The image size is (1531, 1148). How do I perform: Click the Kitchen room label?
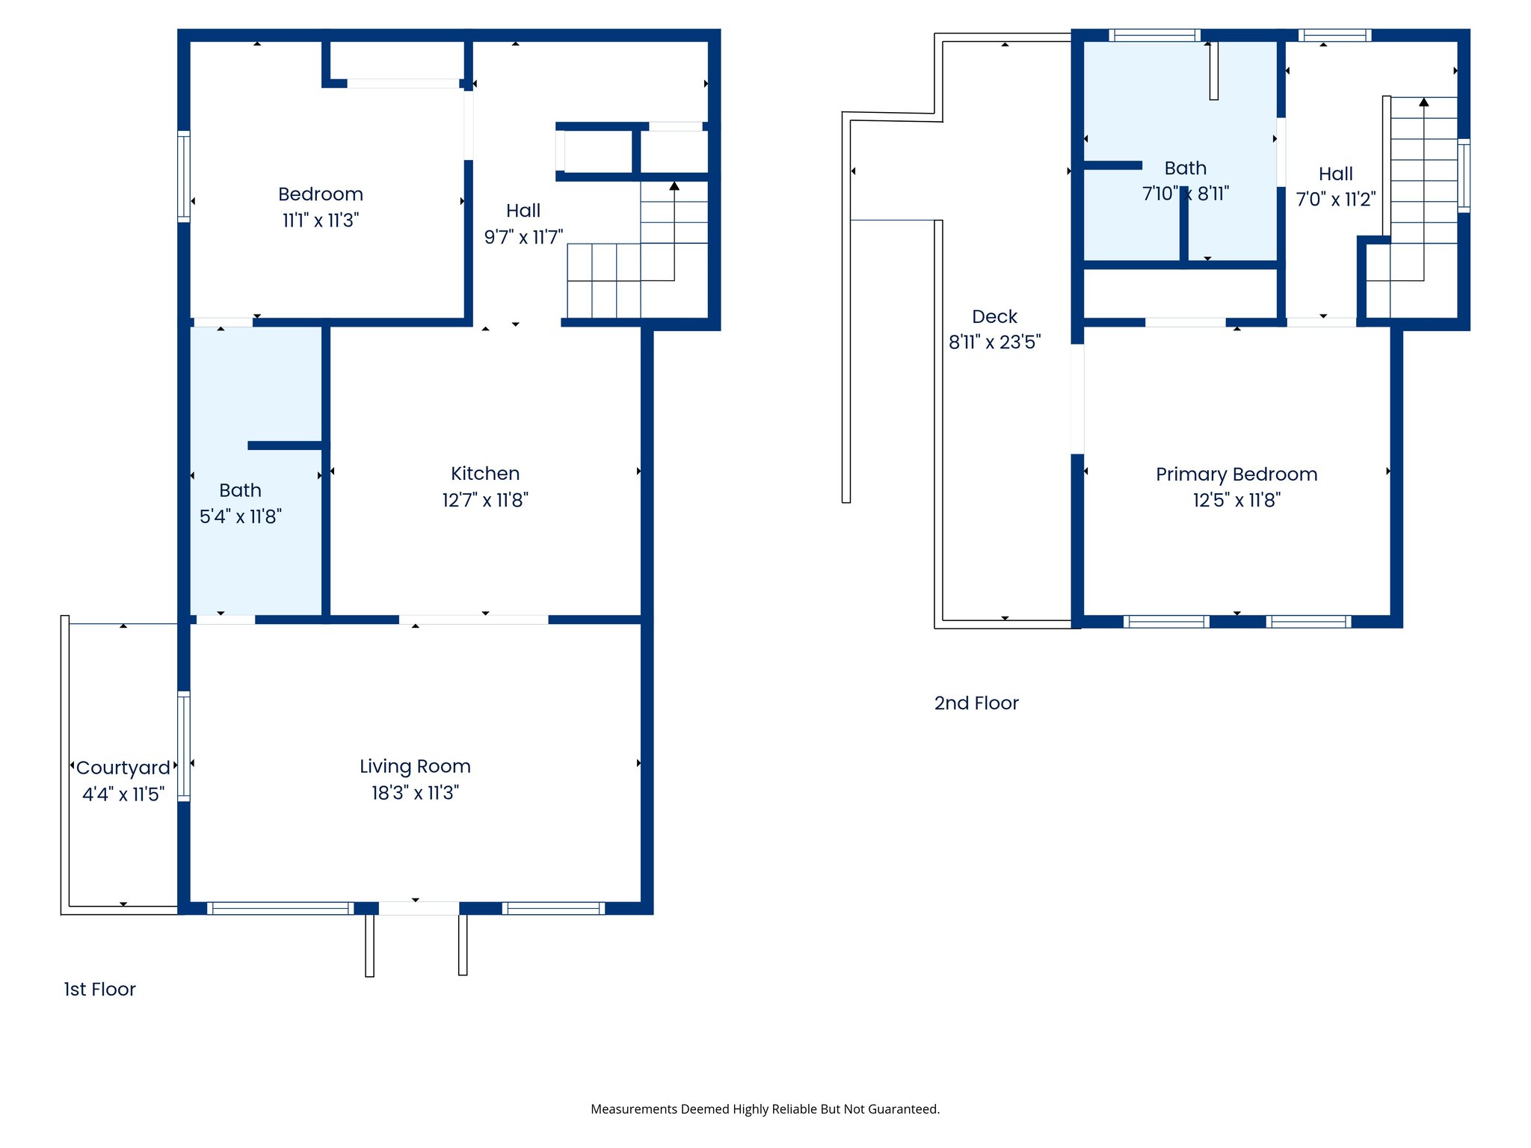484,473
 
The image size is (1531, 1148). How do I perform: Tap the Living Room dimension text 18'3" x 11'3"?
415,792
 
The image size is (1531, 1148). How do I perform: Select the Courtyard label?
123,768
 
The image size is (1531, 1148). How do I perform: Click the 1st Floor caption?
99,989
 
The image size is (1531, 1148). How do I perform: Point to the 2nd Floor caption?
976,703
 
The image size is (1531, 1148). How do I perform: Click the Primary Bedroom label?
1236,474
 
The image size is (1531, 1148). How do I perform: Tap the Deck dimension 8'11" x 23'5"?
994,342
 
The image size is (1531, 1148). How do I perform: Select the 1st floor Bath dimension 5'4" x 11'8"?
240,516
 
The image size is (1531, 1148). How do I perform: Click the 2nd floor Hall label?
1335,173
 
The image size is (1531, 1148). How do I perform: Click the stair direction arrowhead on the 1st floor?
674,185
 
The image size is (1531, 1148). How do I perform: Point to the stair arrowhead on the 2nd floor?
1423,102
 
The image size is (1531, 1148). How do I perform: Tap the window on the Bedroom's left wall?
183,176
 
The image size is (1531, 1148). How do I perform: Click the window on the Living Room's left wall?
183,746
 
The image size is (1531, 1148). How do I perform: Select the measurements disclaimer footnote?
765,1109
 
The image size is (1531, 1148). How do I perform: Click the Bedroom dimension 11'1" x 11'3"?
320,220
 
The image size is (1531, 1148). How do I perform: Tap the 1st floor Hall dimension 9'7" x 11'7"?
523,237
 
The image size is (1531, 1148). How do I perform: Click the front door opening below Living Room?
419,908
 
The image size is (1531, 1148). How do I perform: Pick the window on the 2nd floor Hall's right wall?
1464,176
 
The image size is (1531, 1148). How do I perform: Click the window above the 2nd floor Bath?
1154,35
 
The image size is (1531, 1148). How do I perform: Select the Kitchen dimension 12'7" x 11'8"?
484,499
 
